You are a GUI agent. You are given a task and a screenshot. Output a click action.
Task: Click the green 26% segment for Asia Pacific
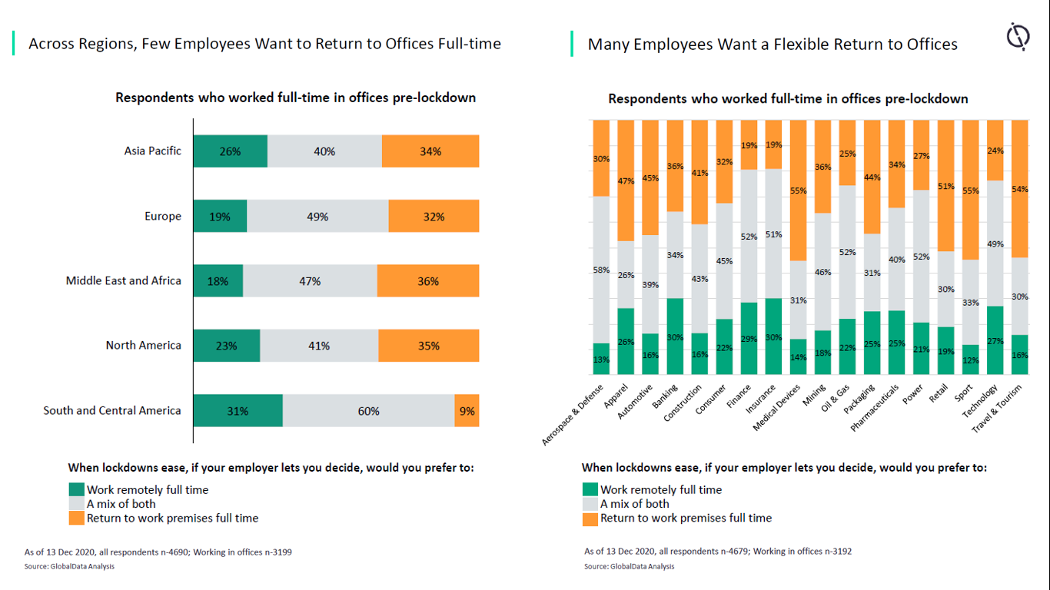(x=230, y=151)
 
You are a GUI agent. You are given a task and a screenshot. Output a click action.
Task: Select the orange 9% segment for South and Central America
(x=467, y=411)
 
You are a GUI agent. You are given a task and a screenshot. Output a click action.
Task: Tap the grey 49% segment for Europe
(x=317, y=217)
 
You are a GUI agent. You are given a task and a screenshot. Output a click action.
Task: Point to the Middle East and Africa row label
(x=124, y=281)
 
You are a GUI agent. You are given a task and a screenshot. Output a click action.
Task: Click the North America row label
(x=144, y=346)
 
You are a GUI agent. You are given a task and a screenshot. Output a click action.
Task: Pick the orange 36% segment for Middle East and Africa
(x=428, y=281)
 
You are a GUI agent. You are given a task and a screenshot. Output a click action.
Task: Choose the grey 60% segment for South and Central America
(x=368, y=411)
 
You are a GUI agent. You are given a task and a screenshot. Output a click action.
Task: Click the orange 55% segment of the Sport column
(x=971, y=190)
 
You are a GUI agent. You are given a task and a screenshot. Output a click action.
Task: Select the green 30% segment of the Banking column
(x=676, y=336)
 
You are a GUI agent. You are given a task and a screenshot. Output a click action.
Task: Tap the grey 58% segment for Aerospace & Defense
(x=601, y=270)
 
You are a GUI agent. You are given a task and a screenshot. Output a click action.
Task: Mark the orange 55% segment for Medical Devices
(x=799, y=190)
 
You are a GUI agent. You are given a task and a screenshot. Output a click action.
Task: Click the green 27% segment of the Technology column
(x=995, y=340)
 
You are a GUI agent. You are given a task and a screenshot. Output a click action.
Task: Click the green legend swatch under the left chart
(x=76, y=489)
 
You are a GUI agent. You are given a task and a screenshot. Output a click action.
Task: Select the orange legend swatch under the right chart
(x=590, y=519)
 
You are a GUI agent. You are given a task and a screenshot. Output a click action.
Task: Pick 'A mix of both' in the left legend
(x=121, y=504)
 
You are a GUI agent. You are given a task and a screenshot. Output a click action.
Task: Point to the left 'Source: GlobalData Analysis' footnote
(x=69, y=566)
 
